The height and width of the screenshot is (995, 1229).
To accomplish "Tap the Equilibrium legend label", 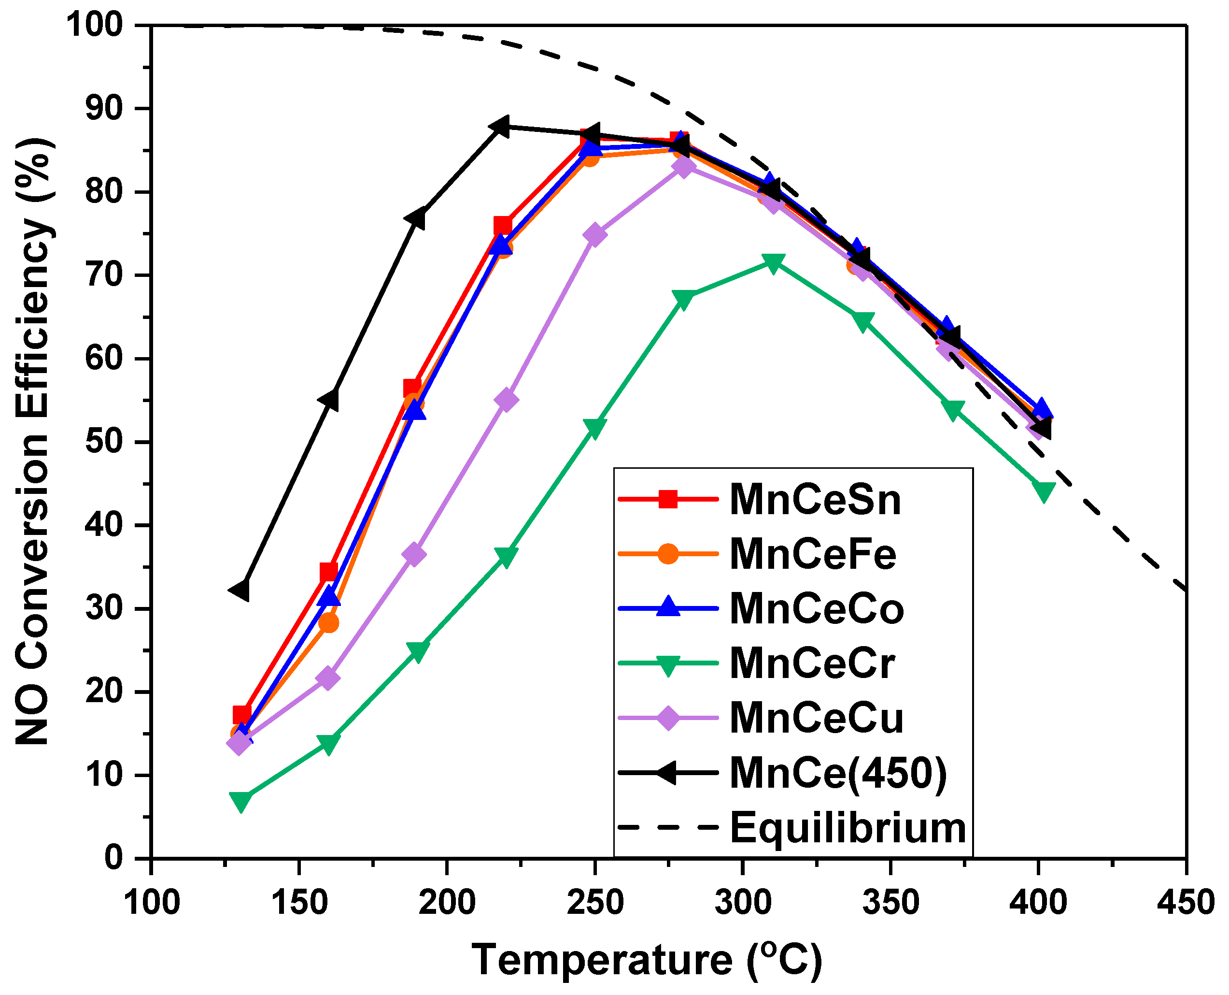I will (x=848, y=828).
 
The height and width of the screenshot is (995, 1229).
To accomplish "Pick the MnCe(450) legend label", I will (x=838, y=773).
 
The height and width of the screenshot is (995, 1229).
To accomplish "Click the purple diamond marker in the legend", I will (x=668, y=718).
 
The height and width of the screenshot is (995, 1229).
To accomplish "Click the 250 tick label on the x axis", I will (x=594, y=902).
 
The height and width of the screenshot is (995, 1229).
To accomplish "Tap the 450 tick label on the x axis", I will (x=1186, y=902).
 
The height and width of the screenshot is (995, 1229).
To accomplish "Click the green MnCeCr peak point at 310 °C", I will (x=773, y=263).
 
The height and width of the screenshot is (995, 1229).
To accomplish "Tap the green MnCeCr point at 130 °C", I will (x=241, y=800).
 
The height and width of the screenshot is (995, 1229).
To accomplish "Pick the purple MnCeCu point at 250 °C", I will (x=594, y=234).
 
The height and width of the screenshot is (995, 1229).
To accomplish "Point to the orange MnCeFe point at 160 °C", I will (x=328, y=622).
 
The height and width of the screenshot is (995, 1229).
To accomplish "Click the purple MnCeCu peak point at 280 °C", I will (x=683, y=167).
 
